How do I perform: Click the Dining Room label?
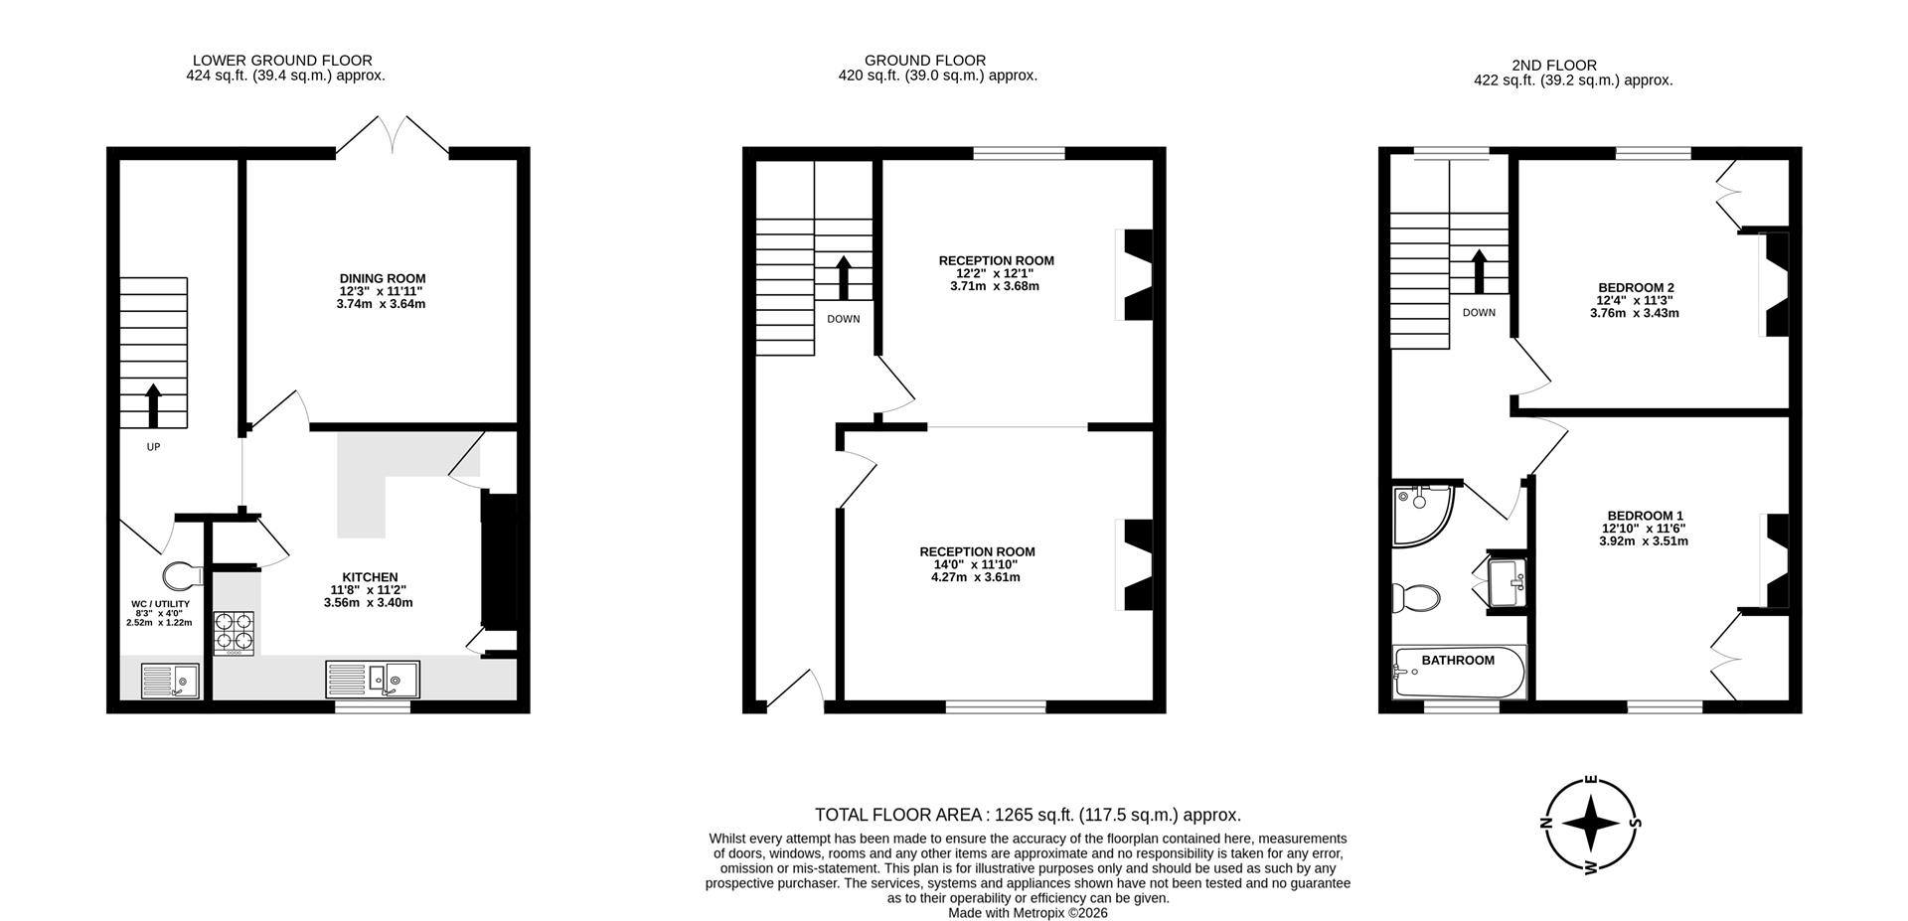pyautogui.click(x=382, y=278)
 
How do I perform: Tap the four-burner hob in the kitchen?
pyautogui.click(x=235, y=632)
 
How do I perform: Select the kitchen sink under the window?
pyautogui.click(x=374, y=680)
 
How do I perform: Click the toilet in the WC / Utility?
pyautogui.click(x=180, y=575)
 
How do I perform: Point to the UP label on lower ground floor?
pyautogui.click(x=153, y=447)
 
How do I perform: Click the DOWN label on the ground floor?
pyautogui.click(x=844, y=319)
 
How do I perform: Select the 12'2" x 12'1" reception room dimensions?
pyautogui.click(x=996, y=279)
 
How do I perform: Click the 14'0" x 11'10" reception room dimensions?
pyautogui.click(x=976, y=570)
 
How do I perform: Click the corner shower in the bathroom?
pyautogui.click(x=1421, y=515)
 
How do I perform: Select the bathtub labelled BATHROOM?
pyautogui.click(x=1459, y=674)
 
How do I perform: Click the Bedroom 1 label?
pyautogui.click(x=1645, y=515)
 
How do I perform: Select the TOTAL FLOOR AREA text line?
pyautogui.click(x=1028, y=815)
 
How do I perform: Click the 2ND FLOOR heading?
pyautogui.click(x=1571, y=66)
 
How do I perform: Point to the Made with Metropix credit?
pyautogui.click(x=1028, y=912)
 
